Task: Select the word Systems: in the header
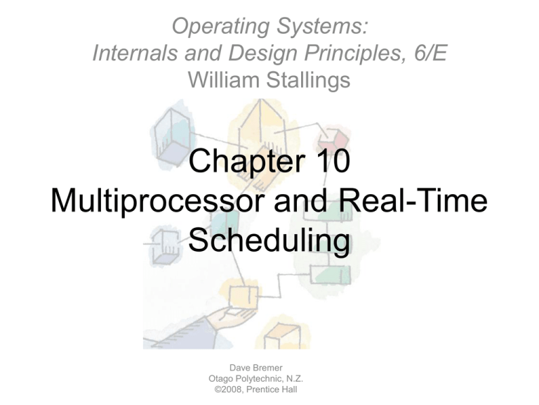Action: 322,26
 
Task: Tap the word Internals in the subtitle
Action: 135,53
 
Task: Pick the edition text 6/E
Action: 430,53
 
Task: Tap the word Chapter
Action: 247,161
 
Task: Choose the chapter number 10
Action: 333,160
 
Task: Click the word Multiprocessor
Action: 158,202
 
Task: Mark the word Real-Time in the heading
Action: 413,200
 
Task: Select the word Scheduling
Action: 269,241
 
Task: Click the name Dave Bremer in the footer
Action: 256,368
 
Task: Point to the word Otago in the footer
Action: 220,379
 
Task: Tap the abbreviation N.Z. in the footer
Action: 295,379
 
